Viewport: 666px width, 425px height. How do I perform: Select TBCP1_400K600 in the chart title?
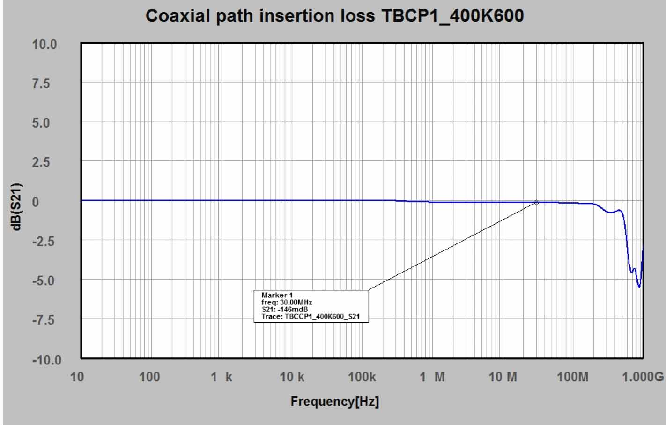[x=453, y=16]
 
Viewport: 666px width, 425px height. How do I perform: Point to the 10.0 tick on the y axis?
[x=44, y=45]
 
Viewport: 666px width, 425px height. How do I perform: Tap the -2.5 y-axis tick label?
[x=43, y=242]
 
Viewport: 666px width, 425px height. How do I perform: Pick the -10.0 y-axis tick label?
[x=46, y=360]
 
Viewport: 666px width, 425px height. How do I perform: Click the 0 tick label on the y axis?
[x=35, y=202]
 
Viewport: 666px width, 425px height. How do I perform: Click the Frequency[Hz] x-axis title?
[x=334, y=402]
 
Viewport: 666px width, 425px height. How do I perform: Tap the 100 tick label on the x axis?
[x=149, y=377]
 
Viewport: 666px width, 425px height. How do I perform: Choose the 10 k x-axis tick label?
[x=292, y=377]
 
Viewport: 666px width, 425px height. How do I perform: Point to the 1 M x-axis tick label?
[x=432, y=377]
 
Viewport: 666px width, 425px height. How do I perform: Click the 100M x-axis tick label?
[x=572, y=377]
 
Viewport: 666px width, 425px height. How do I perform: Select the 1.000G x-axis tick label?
[x=643, y=377]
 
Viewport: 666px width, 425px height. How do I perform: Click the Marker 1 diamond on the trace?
[x=536, y=203]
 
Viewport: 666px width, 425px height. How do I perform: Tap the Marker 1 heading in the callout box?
[x=277, y=295]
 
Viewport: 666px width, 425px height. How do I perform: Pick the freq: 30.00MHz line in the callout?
[x=287, y=303]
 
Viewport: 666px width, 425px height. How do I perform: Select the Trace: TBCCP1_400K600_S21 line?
[x=311, y=317]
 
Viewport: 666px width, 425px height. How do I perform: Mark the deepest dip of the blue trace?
[x=639, y=286]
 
